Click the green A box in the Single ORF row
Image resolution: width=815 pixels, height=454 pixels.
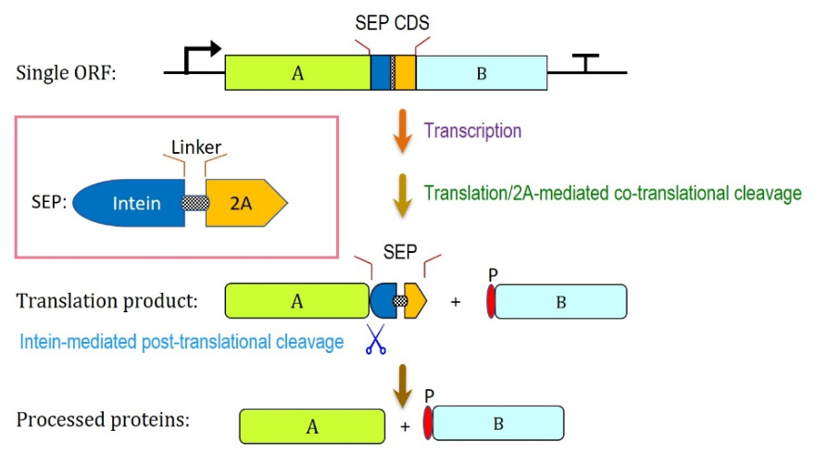coord(298,73)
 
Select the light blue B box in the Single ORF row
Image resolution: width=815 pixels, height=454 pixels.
coord(482,73)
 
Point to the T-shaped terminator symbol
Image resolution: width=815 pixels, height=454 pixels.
coord(585,63)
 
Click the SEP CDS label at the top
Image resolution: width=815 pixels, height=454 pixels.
coord(392,23)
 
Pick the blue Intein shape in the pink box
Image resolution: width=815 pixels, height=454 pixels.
coord(129,203)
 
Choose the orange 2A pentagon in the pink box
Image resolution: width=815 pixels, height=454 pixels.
coord(246,203)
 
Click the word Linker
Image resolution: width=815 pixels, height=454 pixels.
coord(196,147)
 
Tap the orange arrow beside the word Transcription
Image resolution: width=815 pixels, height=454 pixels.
coord(402,131)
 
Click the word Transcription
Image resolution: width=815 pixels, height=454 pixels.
coord(472,131)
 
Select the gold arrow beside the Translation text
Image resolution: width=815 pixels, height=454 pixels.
coord(402,195)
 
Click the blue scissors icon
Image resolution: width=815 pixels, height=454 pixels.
coord(376,339)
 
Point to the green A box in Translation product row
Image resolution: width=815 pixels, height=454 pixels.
coord(296,300)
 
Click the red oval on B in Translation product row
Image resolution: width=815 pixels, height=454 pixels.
coord(491,301)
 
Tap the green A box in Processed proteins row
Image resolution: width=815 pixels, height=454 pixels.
coord(312,426)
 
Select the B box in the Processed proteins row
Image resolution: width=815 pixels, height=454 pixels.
coord(498,423)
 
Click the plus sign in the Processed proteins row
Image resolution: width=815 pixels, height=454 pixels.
coord(405,427)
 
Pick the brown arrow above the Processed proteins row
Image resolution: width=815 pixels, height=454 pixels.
coord(402,385)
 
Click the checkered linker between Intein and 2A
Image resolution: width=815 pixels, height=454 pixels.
coord(195,203)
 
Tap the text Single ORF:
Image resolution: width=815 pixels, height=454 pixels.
coord(66,73)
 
